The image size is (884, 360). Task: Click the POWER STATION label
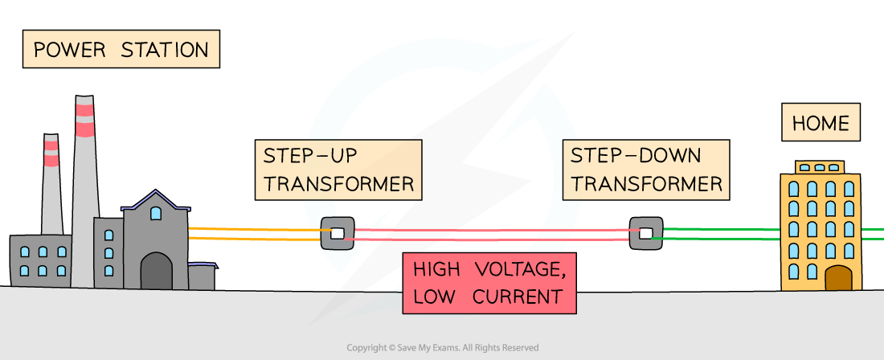[121, 50]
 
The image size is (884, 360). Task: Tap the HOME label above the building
[821, 124]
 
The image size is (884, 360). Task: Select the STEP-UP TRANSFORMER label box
[338, 170]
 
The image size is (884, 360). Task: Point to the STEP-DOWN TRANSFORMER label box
[647, 170]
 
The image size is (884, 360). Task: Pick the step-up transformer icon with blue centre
[338, 233]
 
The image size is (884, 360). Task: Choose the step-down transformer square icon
[645, 233]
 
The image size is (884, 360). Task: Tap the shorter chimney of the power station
[52, 185]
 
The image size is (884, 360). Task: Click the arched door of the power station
[156, 272]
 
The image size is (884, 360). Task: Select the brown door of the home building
[837, 278]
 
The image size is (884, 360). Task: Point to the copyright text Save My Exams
[442, 348]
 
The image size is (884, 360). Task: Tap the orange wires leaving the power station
[253, 233]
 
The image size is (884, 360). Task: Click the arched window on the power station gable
[156, 213]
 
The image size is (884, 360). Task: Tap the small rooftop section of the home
[820, 167]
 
